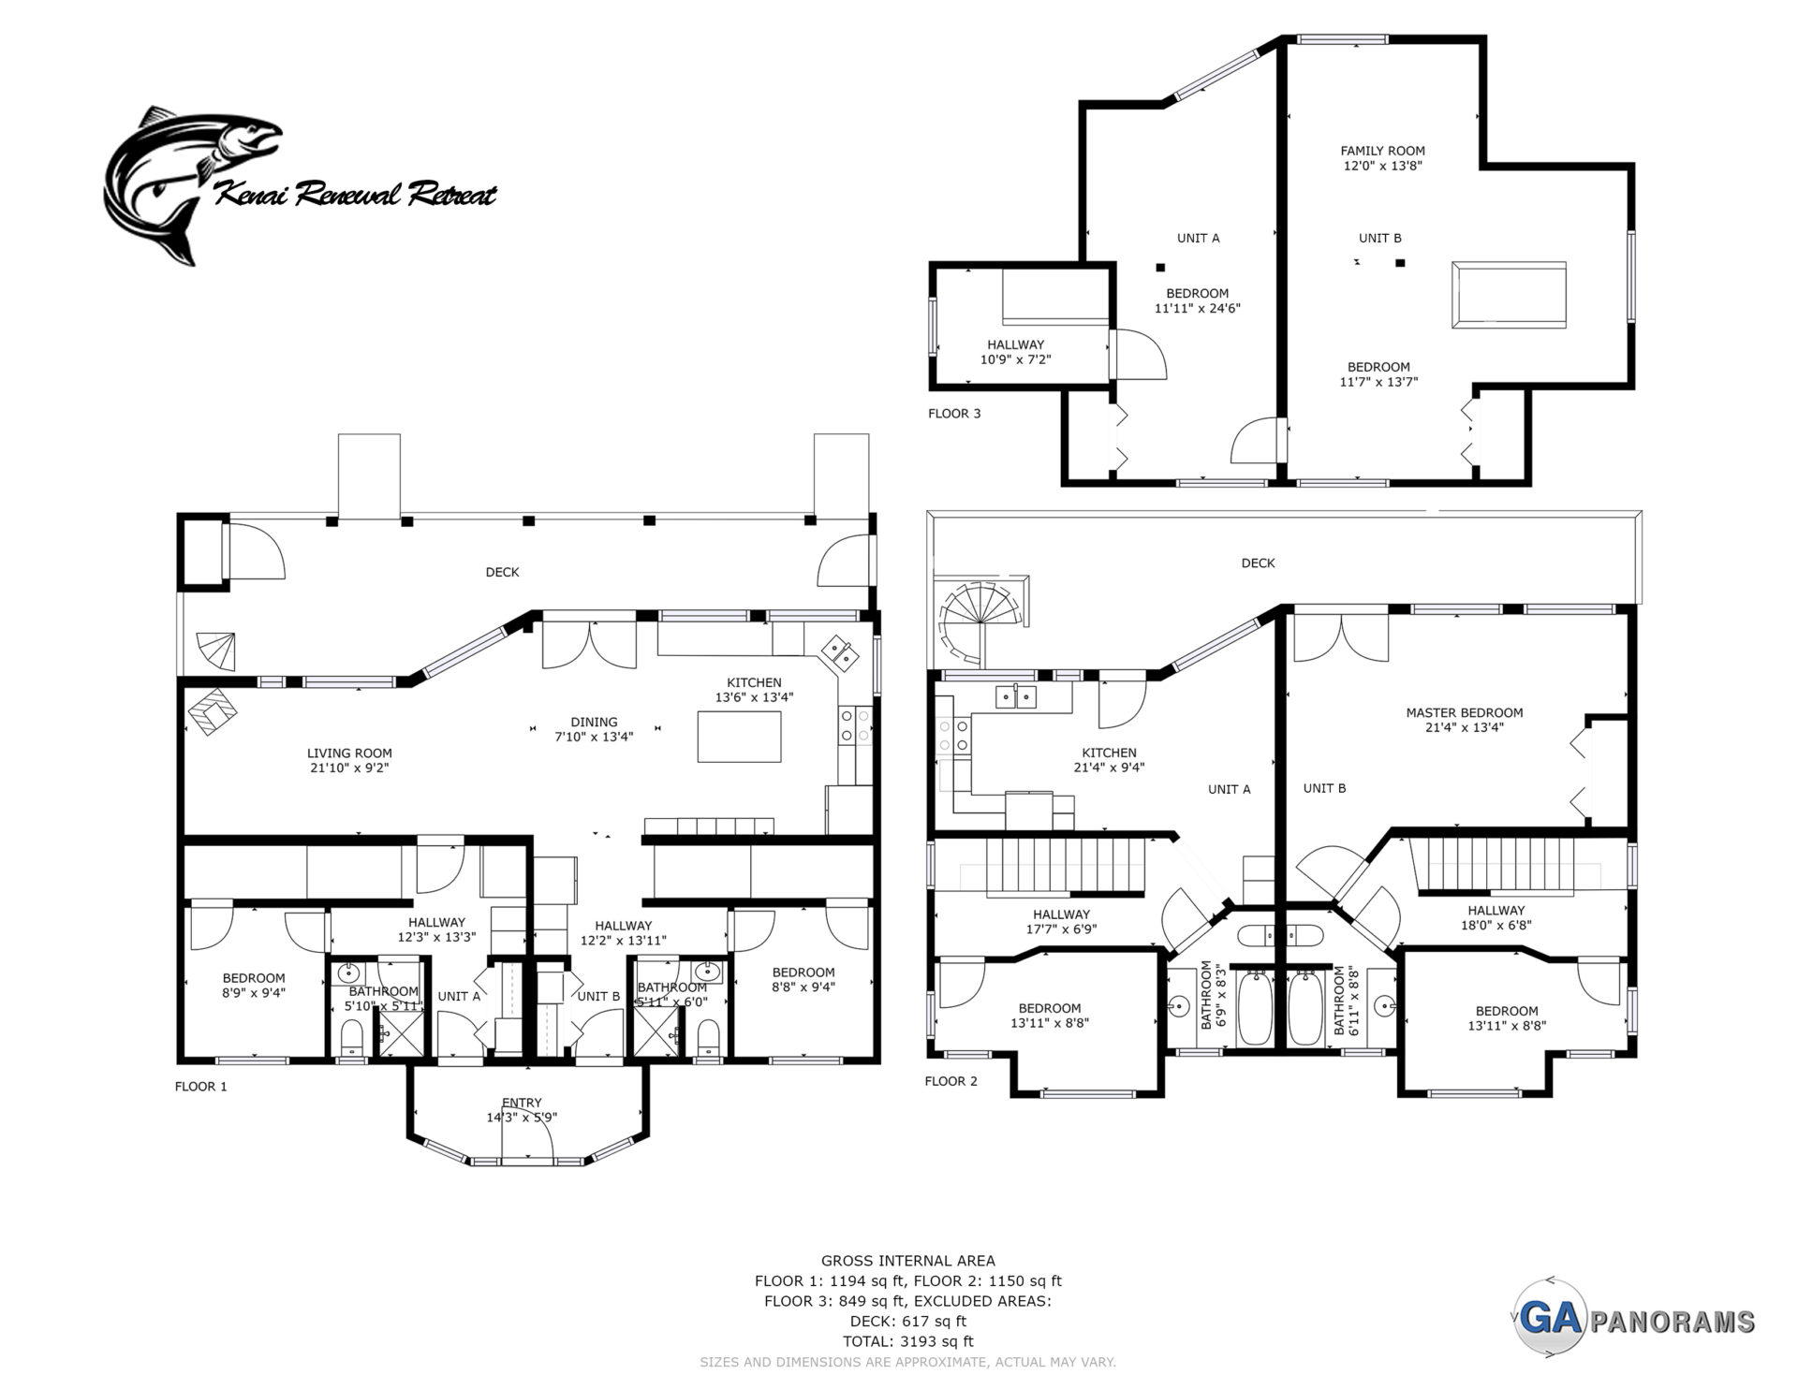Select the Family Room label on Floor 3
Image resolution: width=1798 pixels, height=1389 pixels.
point(1382,151)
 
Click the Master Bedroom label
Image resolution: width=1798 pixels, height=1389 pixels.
point(1464,712)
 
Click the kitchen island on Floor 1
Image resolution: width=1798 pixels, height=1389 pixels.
point(739,737)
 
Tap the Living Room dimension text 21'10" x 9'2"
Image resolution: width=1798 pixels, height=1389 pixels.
point(349,768)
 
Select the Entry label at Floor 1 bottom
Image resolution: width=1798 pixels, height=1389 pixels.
point(522,1103)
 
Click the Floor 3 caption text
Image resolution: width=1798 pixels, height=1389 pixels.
point(954,413)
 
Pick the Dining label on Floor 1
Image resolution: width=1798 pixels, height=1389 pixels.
point(594,722)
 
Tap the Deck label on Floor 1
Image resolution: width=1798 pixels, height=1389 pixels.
point(502,572)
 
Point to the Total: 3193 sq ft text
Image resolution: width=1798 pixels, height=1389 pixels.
point(907,1341)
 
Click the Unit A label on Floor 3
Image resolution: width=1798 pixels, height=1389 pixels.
point(1198,238)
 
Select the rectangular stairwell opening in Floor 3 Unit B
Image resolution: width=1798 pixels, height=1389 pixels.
point(1508,295)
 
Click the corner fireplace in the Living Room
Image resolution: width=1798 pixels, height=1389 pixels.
point(213,713)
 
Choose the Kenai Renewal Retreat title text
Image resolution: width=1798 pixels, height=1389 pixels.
point(356,195)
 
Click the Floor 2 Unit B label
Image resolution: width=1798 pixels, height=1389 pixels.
point(1324,788)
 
